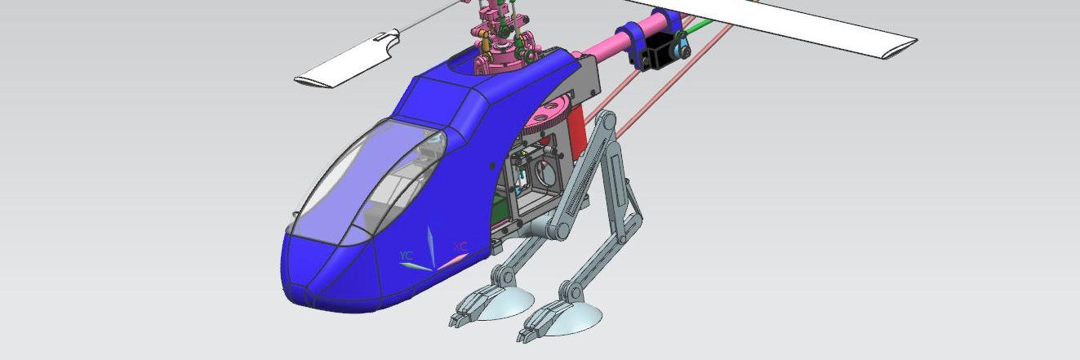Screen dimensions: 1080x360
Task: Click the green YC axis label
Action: coord(407,255)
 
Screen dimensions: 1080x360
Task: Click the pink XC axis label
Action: coord(460,247)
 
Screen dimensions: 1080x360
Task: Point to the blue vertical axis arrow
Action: coord(431,247)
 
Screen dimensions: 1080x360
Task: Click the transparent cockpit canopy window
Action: coord(369,183)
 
